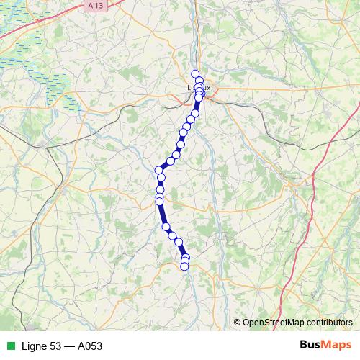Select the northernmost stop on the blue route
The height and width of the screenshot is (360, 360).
pos(194,73)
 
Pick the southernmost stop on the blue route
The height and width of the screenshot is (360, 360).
pos(184,266)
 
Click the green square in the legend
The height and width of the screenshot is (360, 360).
pos(10,346)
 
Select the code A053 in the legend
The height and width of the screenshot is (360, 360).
pos(89,346)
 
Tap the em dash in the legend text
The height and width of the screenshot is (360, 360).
pos(71,346)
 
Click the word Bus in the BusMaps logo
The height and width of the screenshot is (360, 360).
pos(312,346)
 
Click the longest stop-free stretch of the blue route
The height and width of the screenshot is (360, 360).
pos(163,215)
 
